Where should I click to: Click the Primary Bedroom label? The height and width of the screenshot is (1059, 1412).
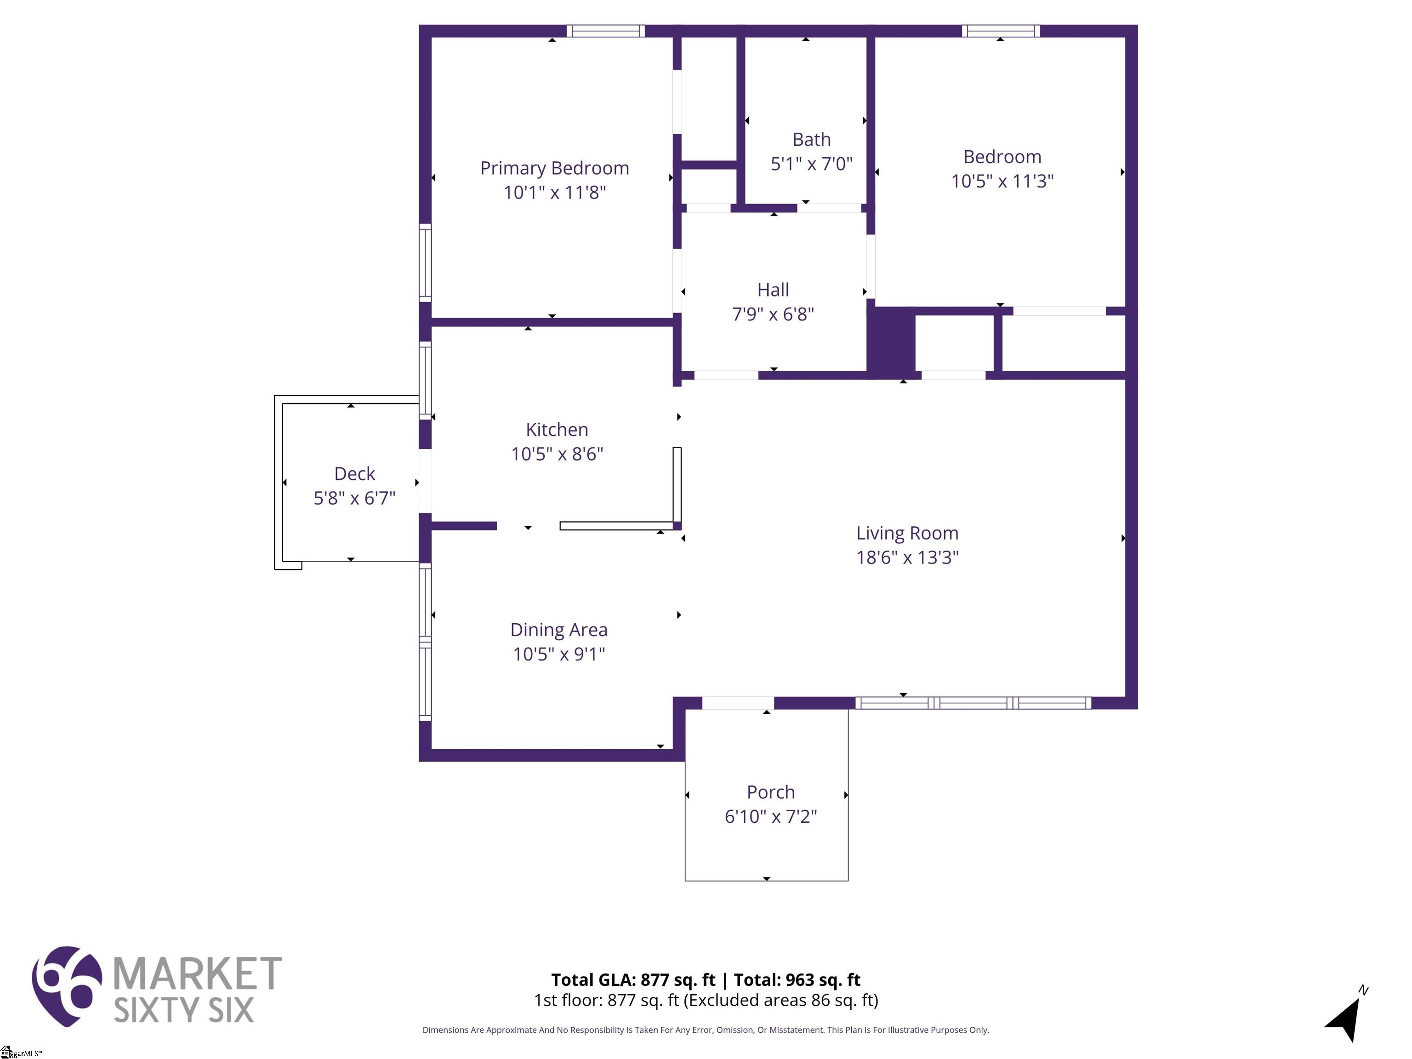[554, 168]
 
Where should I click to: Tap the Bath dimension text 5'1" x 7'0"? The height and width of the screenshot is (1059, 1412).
[811, 164]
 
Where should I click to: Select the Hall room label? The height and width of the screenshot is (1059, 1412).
[773, 290]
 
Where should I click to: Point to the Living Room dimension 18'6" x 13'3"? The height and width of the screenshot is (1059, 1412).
[907, 557]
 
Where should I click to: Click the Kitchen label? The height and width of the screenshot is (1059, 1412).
[557, 430]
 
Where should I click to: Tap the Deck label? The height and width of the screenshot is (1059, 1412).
[354, 473]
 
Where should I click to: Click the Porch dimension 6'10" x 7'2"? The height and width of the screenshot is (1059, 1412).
[770, 816]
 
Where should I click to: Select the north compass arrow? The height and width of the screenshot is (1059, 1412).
[1346, 1016]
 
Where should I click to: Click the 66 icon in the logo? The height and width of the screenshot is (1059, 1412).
[66, 985]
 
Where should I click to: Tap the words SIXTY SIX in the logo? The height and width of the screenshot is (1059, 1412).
[183, 1010]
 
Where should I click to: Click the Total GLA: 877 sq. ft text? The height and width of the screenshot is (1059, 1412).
[633, 980]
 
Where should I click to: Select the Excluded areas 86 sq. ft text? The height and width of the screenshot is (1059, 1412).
[780, 1000]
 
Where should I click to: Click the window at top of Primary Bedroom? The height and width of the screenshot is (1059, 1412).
[605, 31]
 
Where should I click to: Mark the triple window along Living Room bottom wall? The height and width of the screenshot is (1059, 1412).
[973, 703]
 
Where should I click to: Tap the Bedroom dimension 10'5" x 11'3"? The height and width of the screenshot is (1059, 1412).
[1002, 181]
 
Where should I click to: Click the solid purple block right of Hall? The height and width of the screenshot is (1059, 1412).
[891, 341]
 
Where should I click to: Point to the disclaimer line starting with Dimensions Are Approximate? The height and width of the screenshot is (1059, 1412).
[706, 1030]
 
